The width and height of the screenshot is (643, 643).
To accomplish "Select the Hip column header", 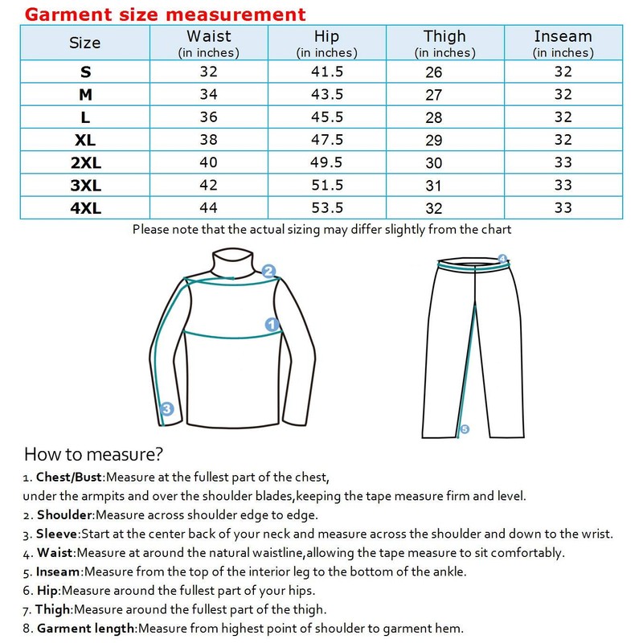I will pyautogui.click(x=327, y=43).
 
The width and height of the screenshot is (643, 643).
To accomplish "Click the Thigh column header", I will pyautogui.click(x=444, y=43).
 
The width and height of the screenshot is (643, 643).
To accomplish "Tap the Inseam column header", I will pyautogui.click(x=563, y=43).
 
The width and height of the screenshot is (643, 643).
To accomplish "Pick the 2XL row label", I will pyautogui.click(x=85, y=162).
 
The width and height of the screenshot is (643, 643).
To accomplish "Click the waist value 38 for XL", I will pyautogui.click(x=208, y=140).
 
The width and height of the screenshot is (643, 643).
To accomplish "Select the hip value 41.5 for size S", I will pyautogui.click(x=327, y=72).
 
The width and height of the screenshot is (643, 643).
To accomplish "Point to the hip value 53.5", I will pyautogui.click(x=327, y=207).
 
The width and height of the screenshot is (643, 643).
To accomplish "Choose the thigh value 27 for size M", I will pyautogui.click(x=434, y=95).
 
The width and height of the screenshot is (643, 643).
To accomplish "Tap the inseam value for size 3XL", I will pyautogui.click(x=563, y=185).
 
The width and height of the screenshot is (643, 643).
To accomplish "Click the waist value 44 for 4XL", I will pyautogui.click(x=208, y=207).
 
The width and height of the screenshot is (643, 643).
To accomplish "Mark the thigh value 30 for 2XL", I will pyautogui.click(x=434, y=163).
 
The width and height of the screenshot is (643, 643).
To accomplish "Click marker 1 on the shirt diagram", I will pyautogui.click(x=272, y=325).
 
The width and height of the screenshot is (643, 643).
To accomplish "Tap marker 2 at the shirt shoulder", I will pyautogui.click(x=269, y=271).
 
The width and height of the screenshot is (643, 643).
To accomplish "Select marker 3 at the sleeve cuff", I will pyautogui.click(x=166, y=409).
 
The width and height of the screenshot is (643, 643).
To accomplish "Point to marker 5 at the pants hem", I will pyautogui.click(x=465, y=430).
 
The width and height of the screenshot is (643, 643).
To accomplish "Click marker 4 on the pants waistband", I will pyautogui.click(x=503, y=259).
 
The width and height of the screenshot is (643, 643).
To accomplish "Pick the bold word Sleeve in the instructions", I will pyautogui.click(x=56, y=534).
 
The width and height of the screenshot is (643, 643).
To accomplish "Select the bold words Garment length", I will pyautogui.click(x=86, y=629).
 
